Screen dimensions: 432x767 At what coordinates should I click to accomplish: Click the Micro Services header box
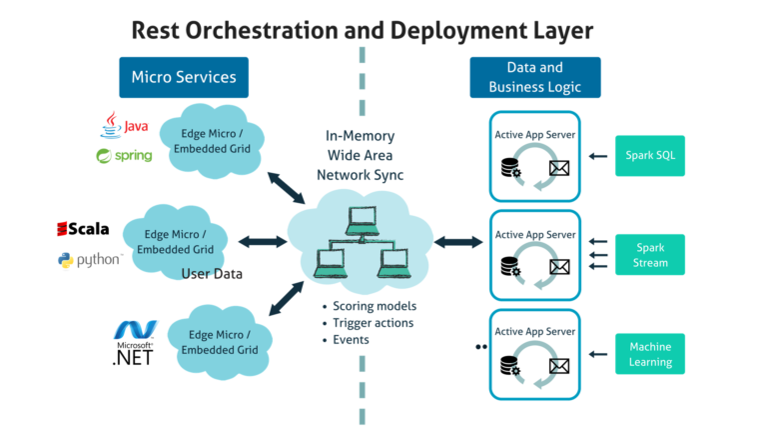pyautogui.click(x=184, y=77)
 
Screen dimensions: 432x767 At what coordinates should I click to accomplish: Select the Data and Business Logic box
pyautogui.click(x=535, y=77)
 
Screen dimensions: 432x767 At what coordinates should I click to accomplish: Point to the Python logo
pyautogui.click(x=89, y=260)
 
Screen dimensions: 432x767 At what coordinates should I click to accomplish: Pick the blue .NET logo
pyautogui.click(x=136, y=329)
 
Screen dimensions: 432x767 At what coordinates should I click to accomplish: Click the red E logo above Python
pyautogui.click(x=62, y=230)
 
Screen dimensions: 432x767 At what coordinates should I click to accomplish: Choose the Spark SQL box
pyautogui.click(x=649, y=155)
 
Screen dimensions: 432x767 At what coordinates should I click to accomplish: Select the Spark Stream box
pyautogui.click(x=649, y=254)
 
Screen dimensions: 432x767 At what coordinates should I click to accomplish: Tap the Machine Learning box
pyautogui.click(x=649, y=354)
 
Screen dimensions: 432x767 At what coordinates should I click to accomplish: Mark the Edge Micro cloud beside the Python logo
pyautogui.click(x=176, y=241)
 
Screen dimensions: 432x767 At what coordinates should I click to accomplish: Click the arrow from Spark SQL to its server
pyautogui.click(x=596, y=156)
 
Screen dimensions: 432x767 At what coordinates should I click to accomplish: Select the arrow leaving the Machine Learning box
pyautogui.click(x=596, y=354)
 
